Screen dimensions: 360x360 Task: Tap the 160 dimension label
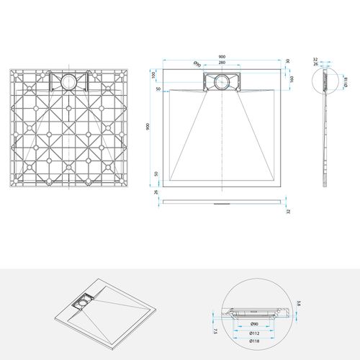click(291, 79)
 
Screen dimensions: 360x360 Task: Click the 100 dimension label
click(153, 75)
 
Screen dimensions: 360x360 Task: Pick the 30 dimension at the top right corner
click(287, 60)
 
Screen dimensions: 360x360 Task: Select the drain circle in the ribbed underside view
click(69, 82)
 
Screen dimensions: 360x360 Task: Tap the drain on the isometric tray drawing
click(84, 304)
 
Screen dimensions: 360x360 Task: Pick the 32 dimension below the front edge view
click(287, 212)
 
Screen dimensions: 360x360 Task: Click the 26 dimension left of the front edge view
click(157, 192)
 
